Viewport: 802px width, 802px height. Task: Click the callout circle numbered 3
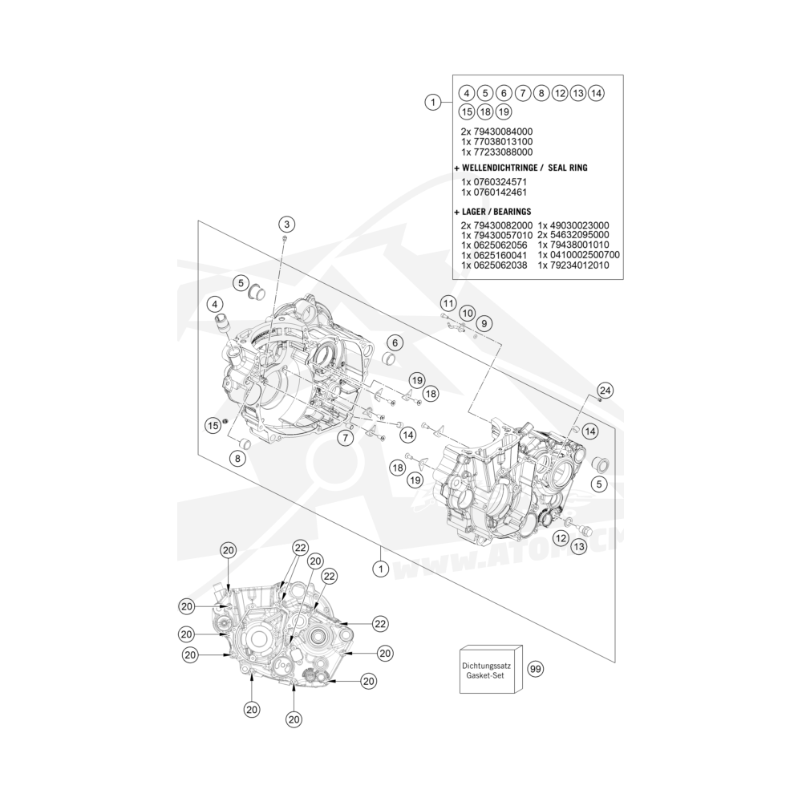[x=286, y=224]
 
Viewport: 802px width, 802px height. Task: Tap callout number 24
[x=605, y=391]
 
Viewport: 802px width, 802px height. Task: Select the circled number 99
[x=536, y=669]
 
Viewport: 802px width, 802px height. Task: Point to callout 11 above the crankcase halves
[x=448, y=303]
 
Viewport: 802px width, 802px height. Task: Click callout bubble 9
[x=484, y=323]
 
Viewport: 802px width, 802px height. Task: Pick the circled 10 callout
[x=467, y=313]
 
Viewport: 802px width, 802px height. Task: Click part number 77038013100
[x=496, y=142]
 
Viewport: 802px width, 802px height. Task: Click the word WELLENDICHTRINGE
[x=499, y=168]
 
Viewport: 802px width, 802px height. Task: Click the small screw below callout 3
[x=285, y=239]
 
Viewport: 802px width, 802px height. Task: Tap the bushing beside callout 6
[x=391, y=358]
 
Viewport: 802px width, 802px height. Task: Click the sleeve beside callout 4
[x=222, y=324]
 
